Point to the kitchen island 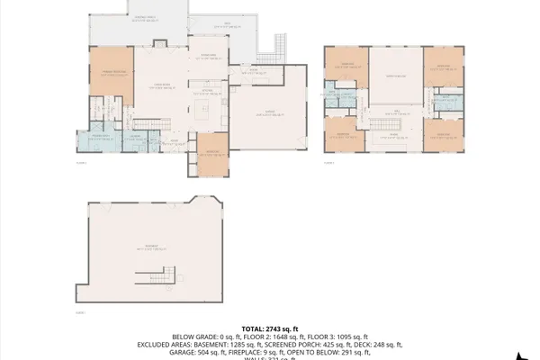tap(204, 112)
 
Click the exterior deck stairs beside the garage tap(278, 46)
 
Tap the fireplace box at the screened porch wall tap(161, 40)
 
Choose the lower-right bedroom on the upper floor tap(441, 135)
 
